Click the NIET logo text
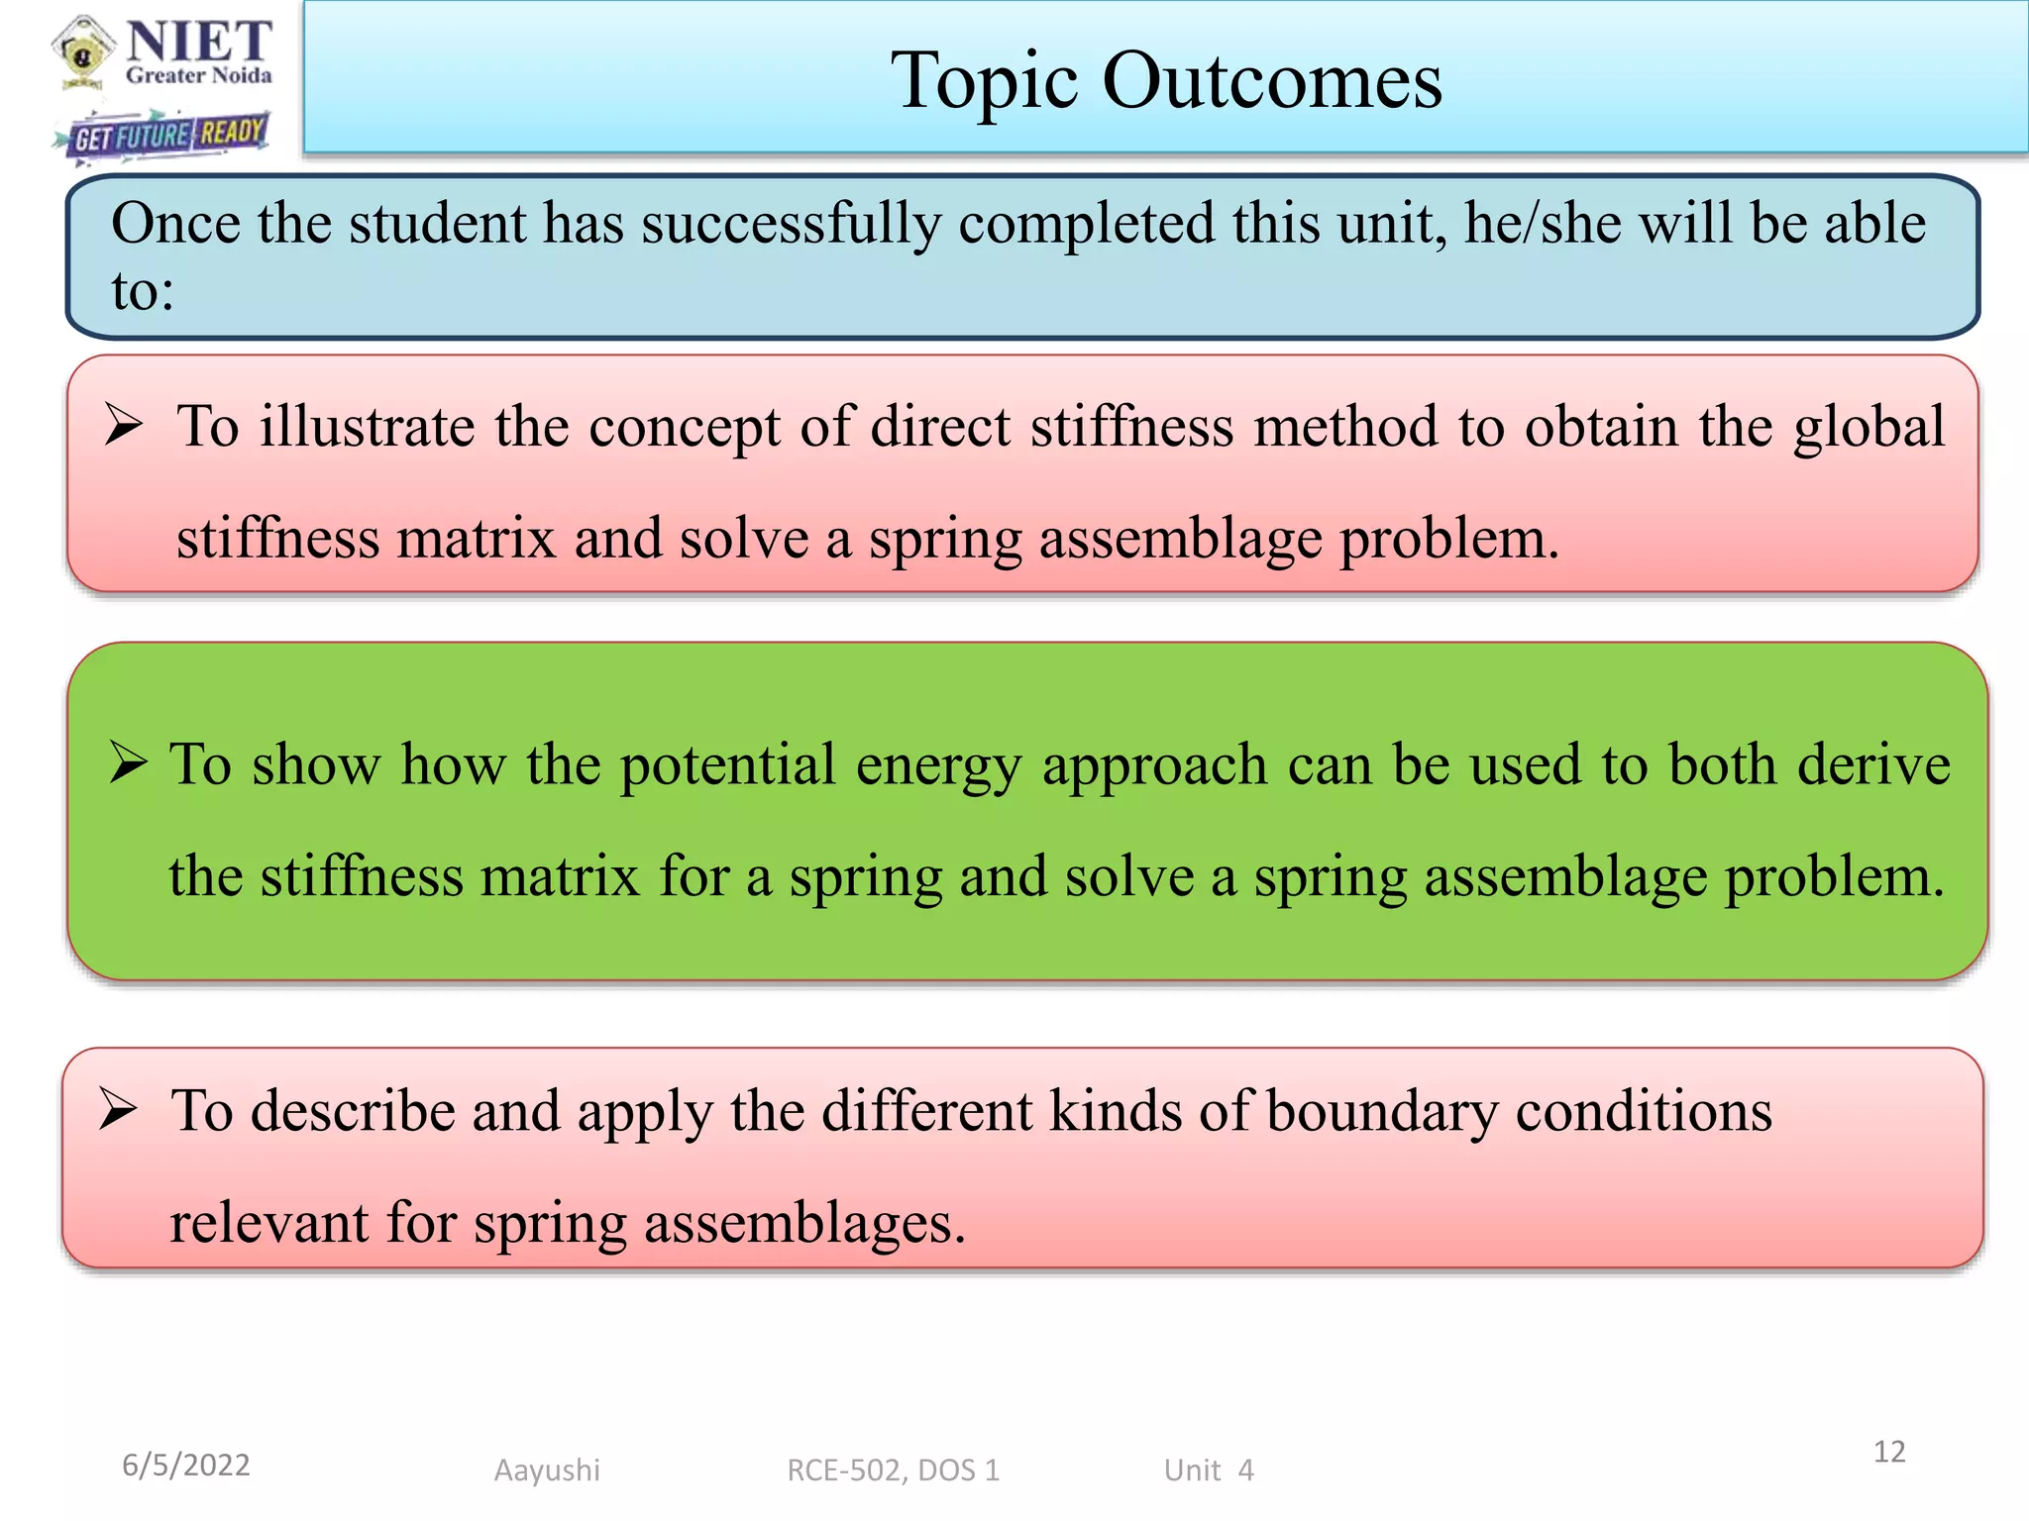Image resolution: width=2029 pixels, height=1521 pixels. pyautogui.click(x=198, y=42)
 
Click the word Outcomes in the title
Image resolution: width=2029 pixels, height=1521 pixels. pyautogui.click(x=1272, y=81)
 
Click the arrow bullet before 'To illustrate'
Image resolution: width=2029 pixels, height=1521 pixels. pyautogui.click(x=125, y=426)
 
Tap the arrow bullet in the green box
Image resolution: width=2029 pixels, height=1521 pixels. pyautogui.click(x=129, y=763)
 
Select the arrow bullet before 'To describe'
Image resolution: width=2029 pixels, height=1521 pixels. pyautogui.click(x=119, y=1109)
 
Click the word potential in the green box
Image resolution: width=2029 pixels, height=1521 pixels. pyautogui.click(x=728, y=765)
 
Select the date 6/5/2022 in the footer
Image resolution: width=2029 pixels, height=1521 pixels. pyautogui.click(x=186, y=1465)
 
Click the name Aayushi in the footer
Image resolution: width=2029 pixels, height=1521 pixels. pyautogui.click(x=547, y=1470)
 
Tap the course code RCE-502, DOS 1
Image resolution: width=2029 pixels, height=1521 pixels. pyautogui.click(x=893, y=1470)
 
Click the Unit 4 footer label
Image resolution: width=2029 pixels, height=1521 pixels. pyautogui.click(x=1209, y=1470)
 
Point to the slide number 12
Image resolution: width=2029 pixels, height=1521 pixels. pyautogui.click(x=1888, y=1452)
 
